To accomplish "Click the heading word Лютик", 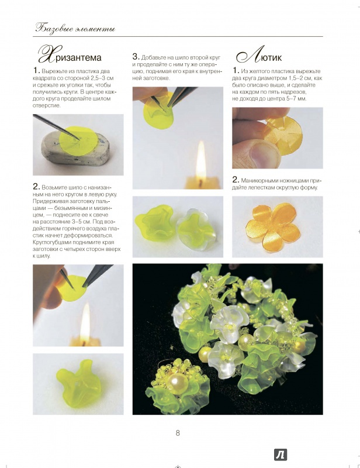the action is click(259, 56).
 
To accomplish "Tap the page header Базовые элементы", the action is click(75, 28).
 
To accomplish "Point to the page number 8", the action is click(178, 433).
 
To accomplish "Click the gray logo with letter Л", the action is click(280, 455).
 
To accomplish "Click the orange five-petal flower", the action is click(272, 227).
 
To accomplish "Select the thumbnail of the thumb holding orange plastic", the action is click(278, 138).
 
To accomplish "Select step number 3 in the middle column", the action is click(136, 57).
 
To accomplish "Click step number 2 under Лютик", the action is click(236, 180).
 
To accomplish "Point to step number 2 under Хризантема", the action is click(36, 187).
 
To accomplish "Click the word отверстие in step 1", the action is click(47, 106).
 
